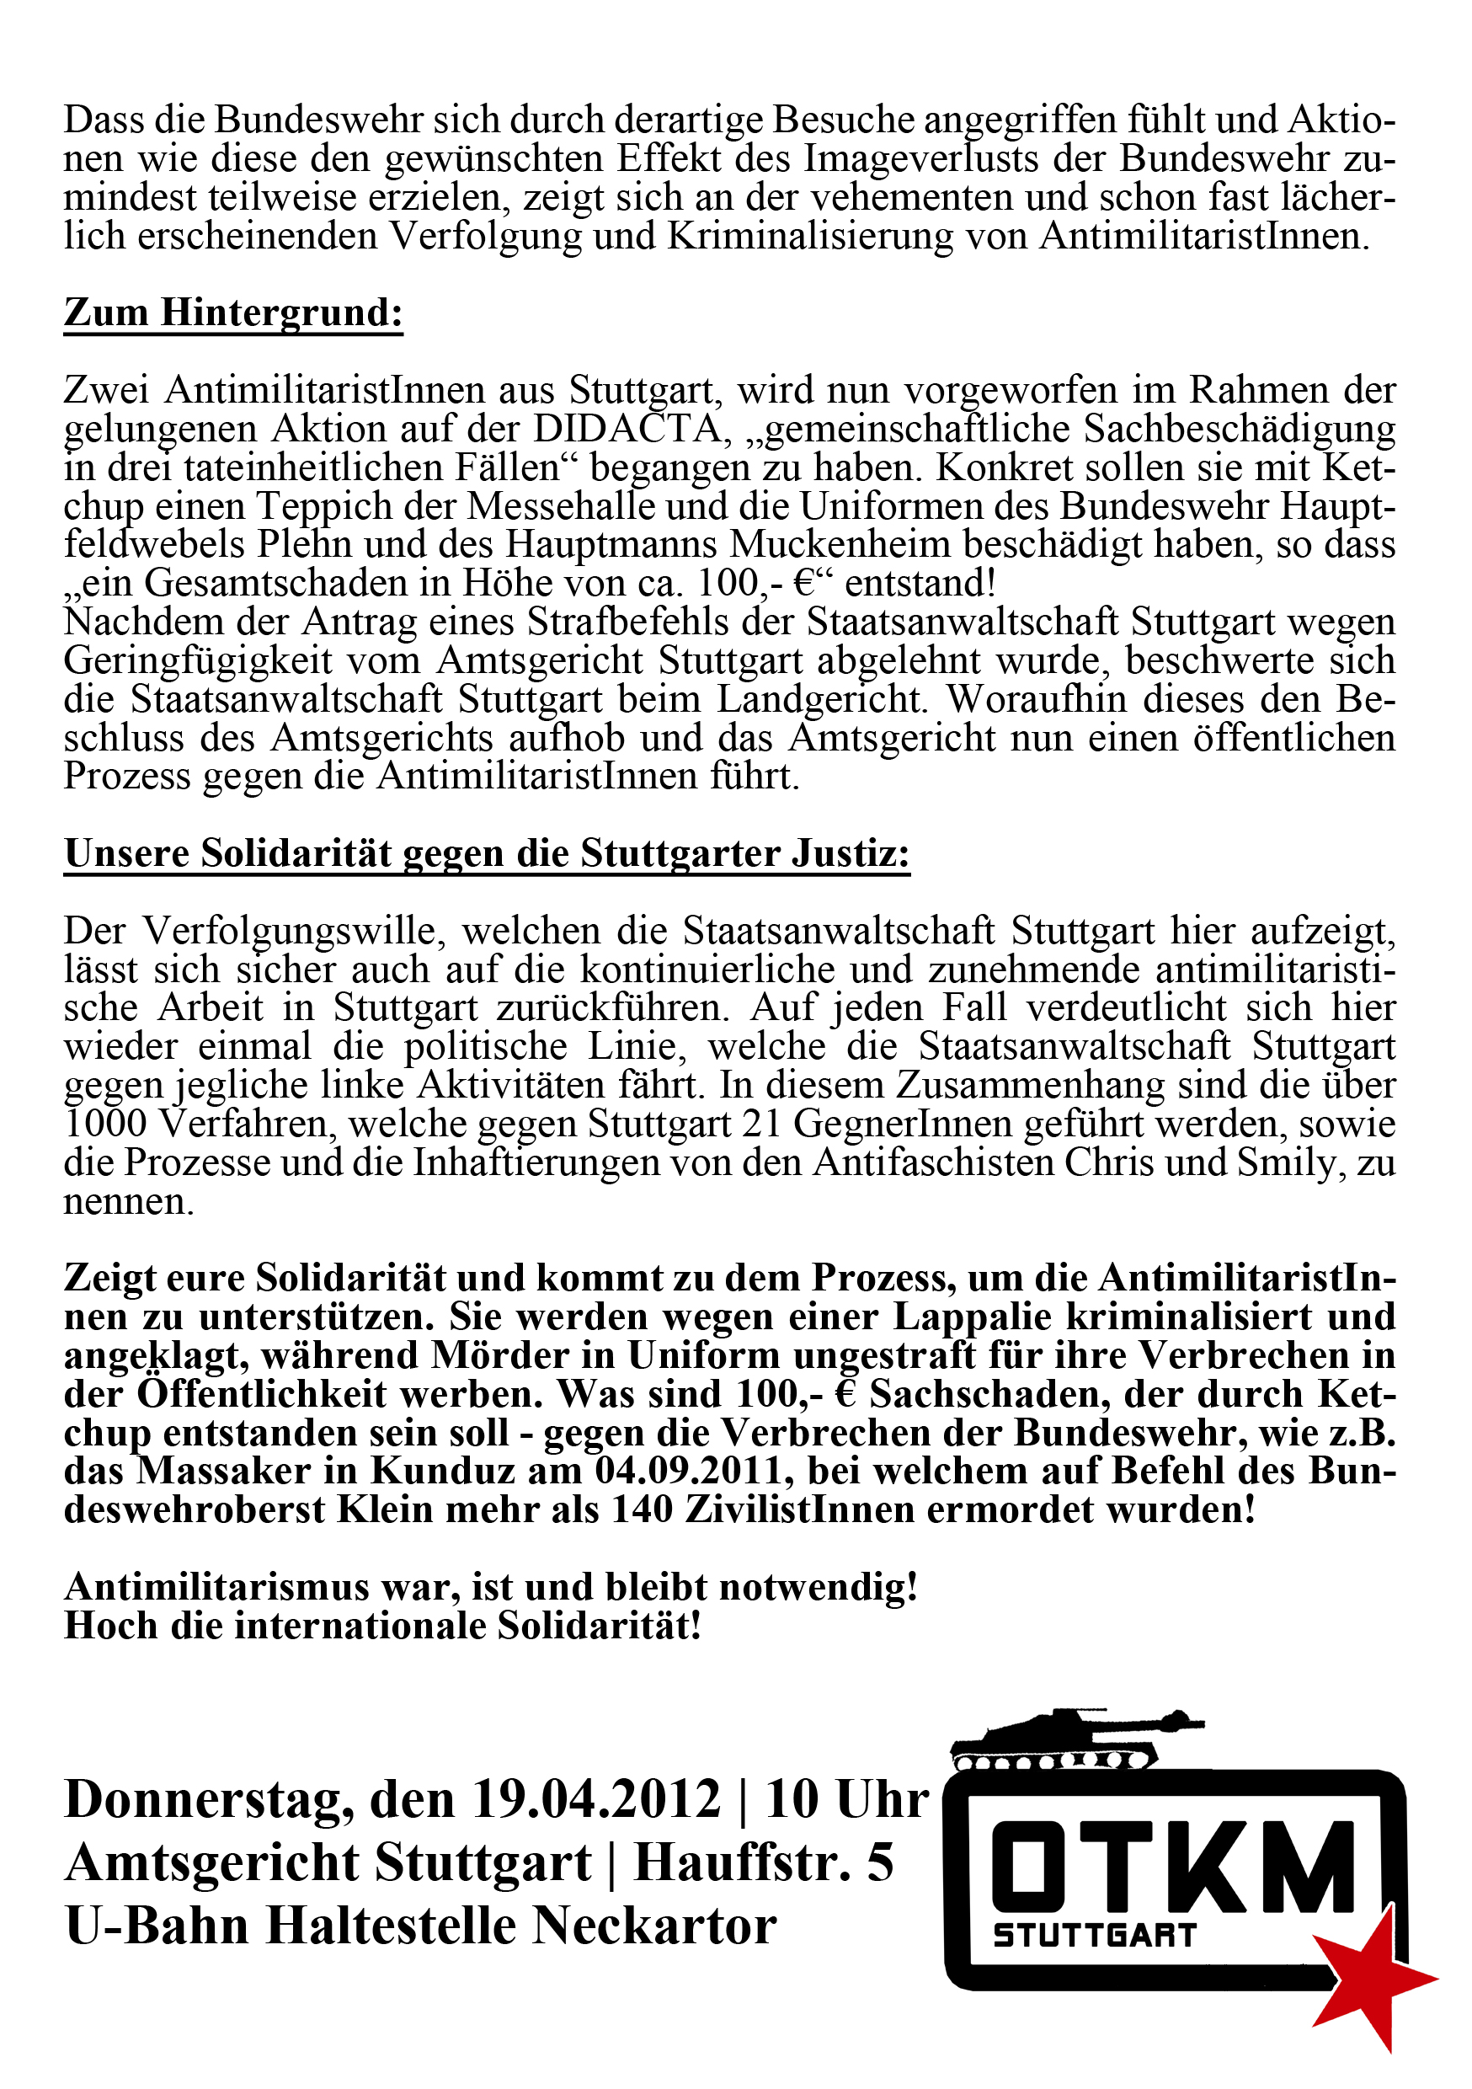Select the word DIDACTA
point(627,429)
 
